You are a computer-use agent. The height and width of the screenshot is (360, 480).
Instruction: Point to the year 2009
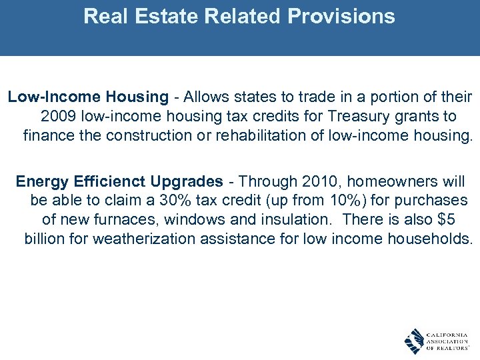click(58, 117)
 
